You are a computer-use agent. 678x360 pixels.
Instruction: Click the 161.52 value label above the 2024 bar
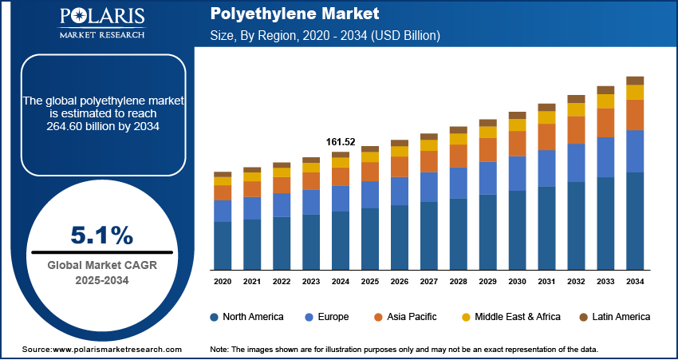tap(341, 142)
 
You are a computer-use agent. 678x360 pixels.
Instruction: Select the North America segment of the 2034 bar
tap(635, 220)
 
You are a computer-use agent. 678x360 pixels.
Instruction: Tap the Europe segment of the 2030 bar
tap(517, 173)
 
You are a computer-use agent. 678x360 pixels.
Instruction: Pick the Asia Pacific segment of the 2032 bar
tap(576, 130)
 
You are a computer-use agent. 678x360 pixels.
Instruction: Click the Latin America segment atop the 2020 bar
tap(223, 174)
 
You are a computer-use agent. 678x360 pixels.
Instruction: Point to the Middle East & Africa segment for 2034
tap(635, 93)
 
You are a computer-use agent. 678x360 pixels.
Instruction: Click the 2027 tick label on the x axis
tap(429, 282)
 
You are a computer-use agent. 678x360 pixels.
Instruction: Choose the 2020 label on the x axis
tap(223, 282)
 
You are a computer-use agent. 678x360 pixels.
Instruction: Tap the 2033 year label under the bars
tap(605, 282)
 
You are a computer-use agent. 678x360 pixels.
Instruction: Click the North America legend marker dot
tap(215, 317)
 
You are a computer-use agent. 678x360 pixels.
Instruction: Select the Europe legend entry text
tap(333, 317)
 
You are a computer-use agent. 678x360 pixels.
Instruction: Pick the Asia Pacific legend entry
tap(411, 317)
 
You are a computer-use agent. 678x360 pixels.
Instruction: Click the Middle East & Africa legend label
tap(518, 317)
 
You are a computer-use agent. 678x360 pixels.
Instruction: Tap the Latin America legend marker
tap(584, 317)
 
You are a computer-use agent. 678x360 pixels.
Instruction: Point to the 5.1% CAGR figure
tap(102, 235)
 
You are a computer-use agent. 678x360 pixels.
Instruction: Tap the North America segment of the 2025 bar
tap(370, 238)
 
